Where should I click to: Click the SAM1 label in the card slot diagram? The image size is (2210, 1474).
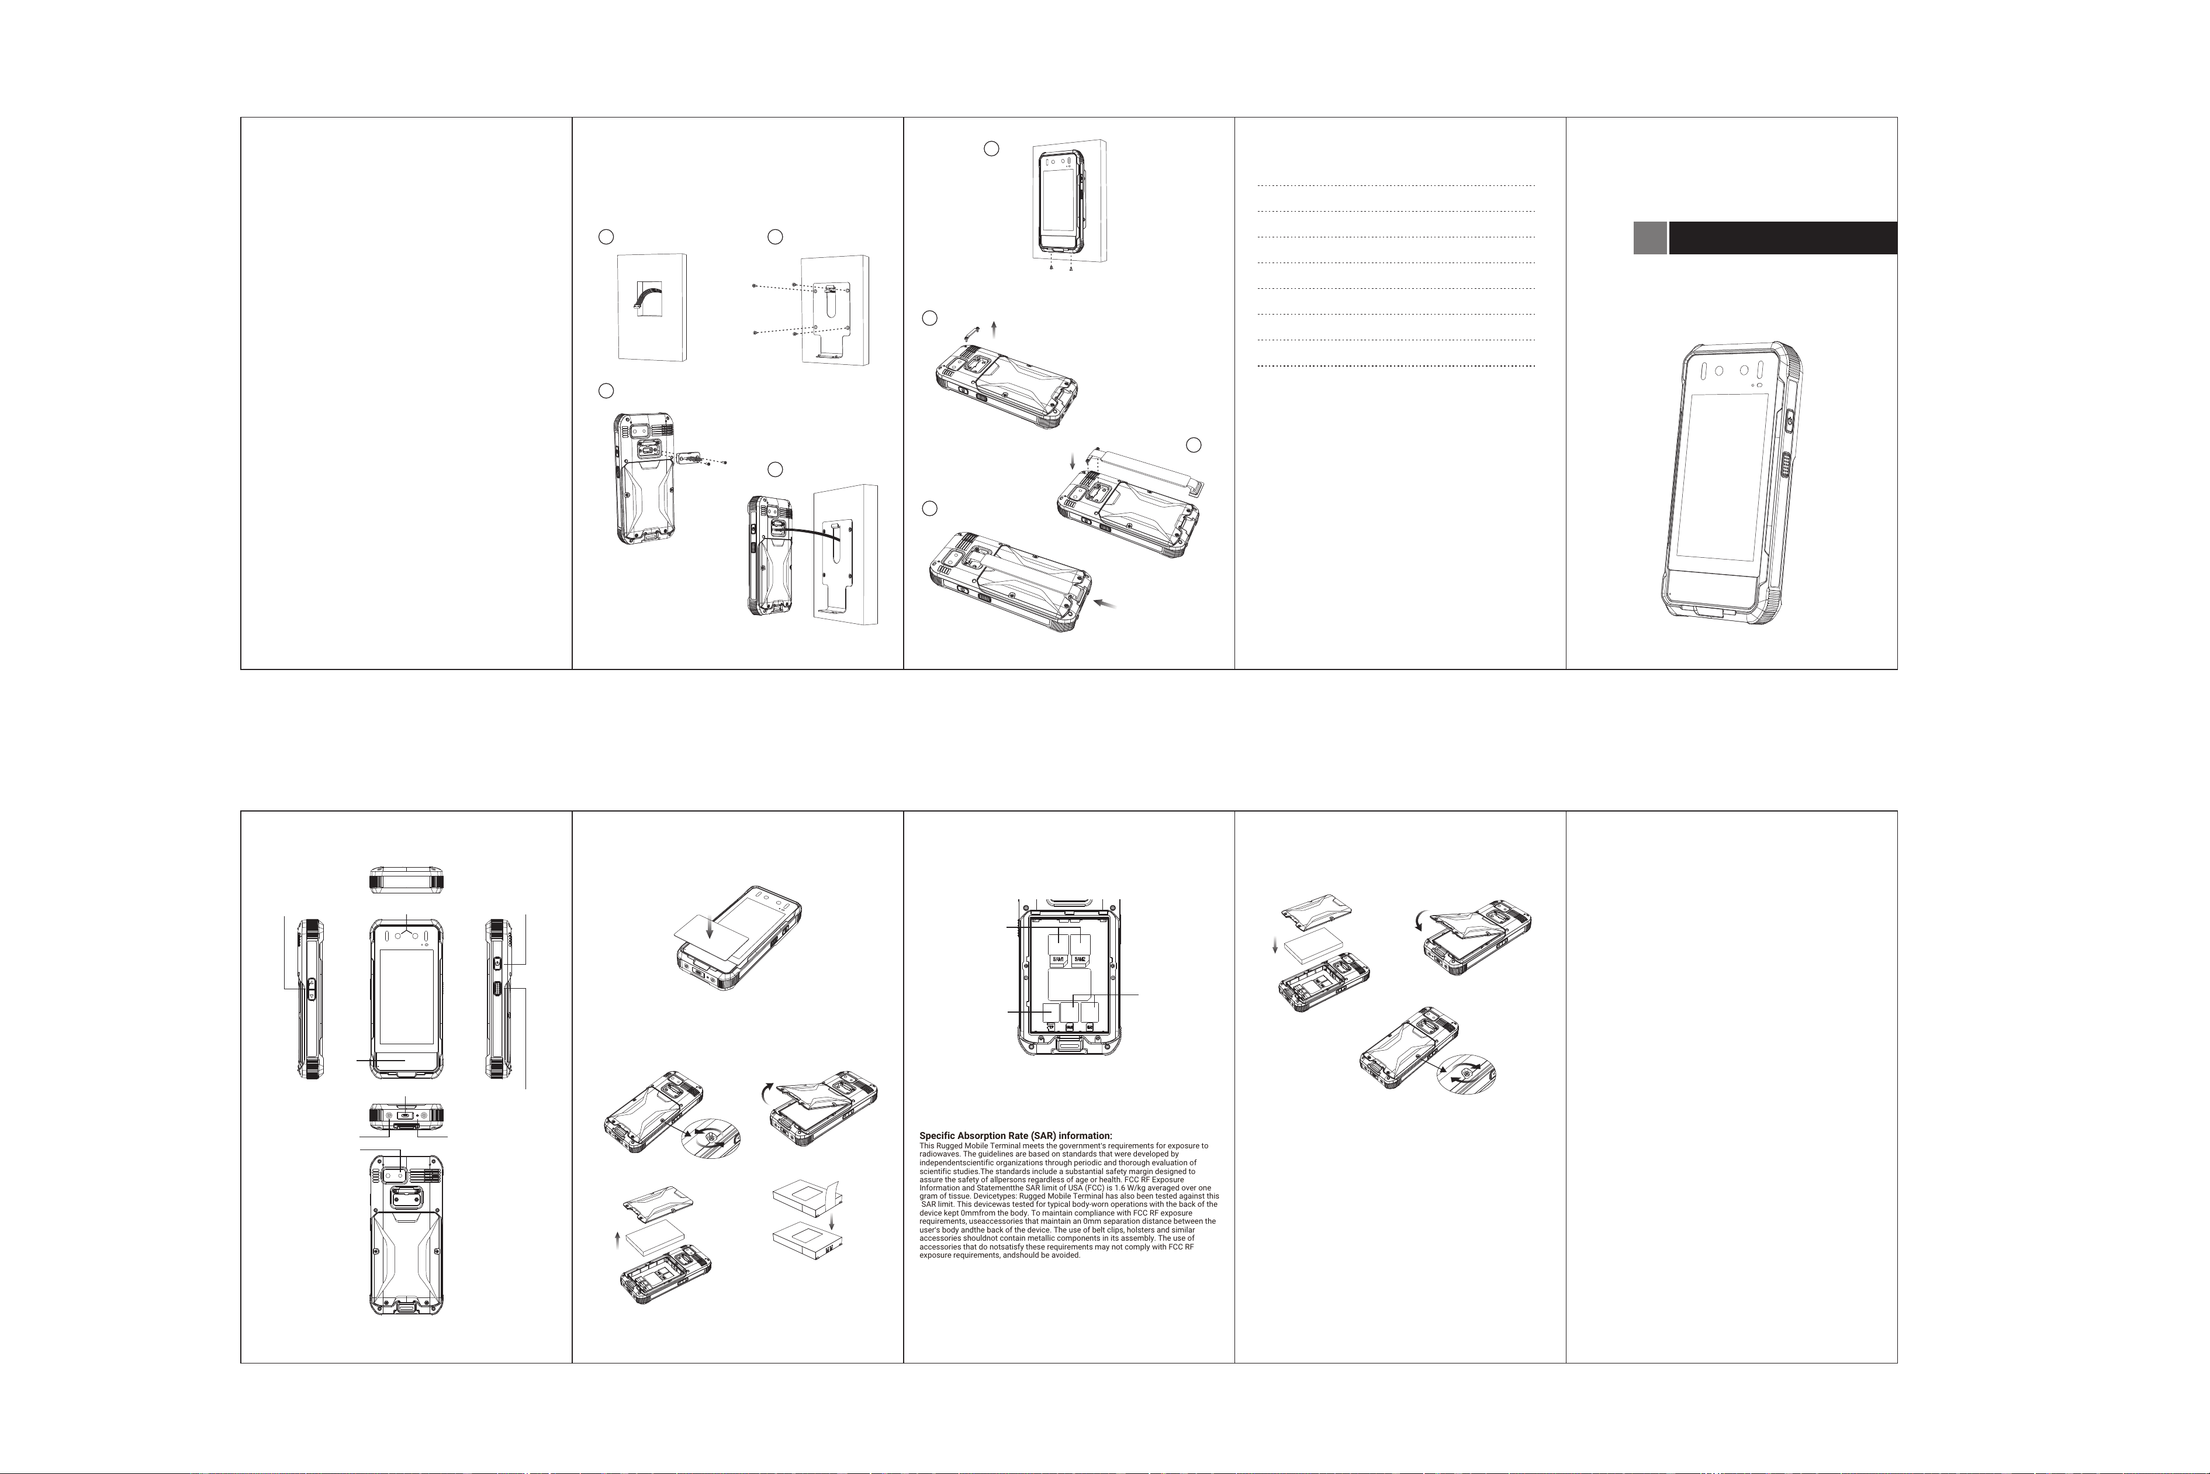tap(1057, 960)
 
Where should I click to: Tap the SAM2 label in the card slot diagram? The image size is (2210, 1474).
tap(1081, 960)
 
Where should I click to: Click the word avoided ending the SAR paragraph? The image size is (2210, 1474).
tap(1064, 1255)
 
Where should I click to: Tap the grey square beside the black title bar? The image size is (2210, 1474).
tap(1650, 238)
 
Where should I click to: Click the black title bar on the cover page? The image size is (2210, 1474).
tap(1783, 238)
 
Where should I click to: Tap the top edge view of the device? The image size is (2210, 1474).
tap(406, 879)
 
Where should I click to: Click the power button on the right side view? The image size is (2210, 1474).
tap(498, 965)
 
